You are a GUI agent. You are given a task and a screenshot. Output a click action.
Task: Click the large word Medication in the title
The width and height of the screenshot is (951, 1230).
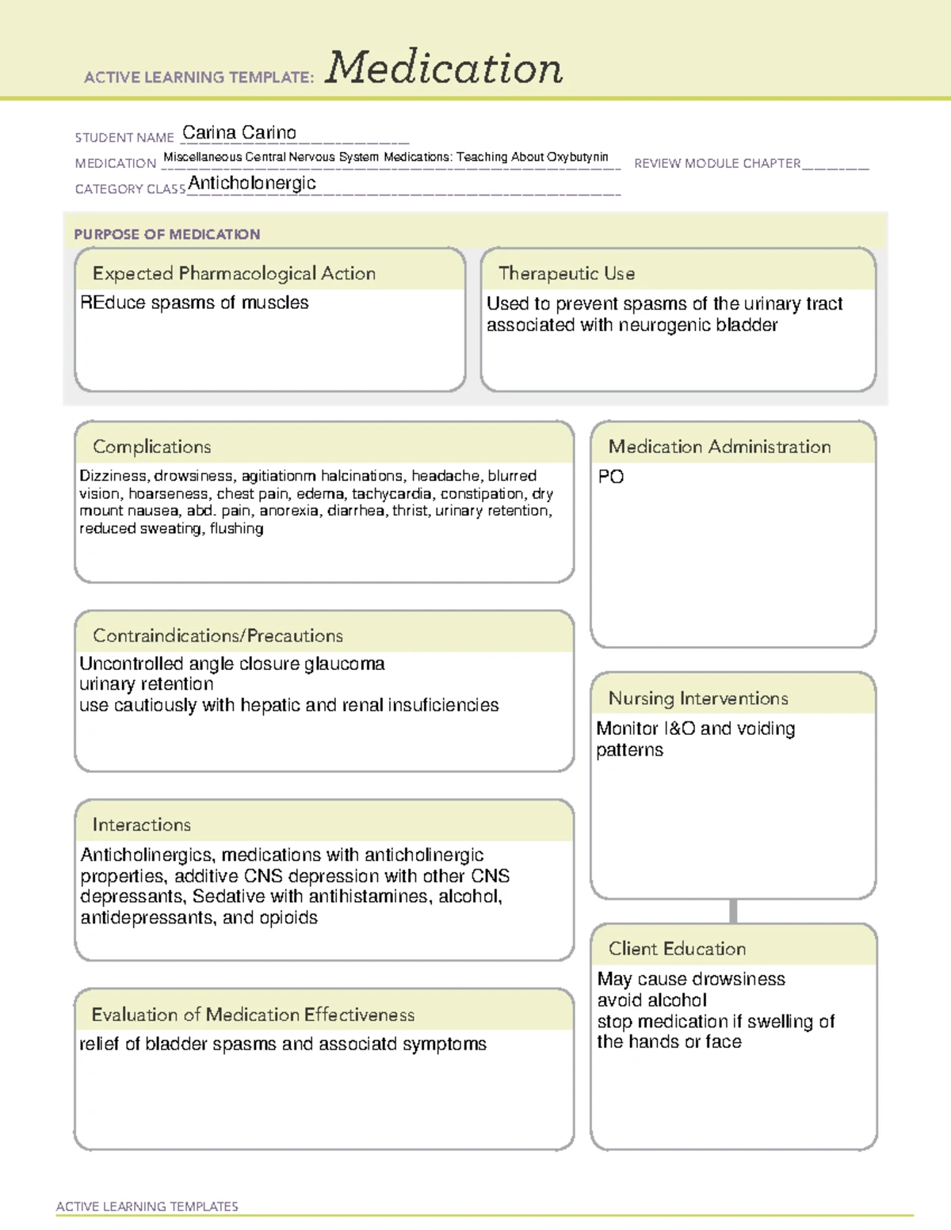point(444,68)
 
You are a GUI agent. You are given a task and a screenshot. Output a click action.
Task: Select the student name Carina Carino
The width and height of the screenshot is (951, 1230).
point(239,133)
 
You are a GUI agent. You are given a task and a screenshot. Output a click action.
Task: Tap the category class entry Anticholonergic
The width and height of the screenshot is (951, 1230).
point(252,184)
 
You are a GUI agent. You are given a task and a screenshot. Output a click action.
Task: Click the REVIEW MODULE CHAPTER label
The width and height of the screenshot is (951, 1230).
point(717,164)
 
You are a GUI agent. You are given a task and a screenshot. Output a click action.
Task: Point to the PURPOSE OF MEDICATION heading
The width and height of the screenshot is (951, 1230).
point(167,234)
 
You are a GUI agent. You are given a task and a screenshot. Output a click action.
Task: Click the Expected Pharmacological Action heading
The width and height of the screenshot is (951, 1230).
point(234,274)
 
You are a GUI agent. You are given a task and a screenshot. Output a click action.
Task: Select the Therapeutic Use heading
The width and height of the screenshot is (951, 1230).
point(567,274)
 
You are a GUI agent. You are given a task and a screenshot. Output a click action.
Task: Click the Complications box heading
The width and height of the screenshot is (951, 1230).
point(152,447)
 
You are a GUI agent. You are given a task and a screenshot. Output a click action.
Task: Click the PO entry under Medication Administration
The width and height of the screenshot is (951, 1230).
point(611,477)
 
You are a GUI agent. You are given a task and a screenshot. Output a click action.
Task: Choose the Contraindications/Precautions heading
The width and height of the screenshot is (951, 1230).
point(218,636)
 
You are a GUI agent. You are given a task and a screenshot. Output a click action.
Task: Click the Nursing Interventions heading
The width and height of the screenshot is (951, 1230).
point(698,699)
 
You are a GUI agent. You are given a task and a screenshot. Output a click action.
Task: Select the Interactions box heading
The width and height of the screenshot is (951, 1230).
point(142,825)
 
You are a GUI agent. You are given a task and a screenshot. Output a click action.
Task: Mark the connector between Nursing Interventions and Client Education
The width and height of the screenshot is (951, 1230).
point(733,912)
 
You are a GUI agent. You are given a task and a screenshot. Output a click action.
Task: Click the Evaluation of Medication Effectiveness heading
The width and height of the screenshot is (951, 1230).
point(253,1015)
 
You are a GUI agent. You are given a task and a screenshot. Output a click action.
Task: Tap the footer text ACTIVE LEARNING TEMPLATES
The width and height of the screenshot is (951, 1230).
point(147,1206)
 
